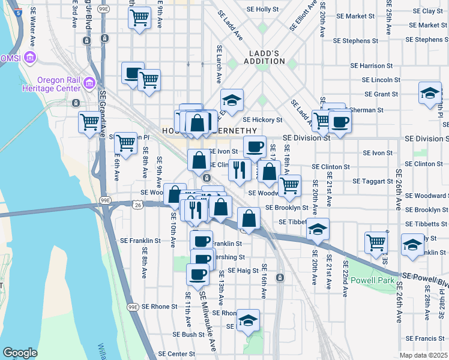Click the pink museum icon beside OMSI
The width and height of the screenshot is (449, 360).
(x=30, y=58)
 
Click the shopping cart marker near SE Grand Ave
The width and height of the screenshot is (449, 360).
(x=89, y=122)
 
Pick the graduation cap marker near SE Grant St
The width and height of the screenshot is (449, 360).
(x=430, y=94)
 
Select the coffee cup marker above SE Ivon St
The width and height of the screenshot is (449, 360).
(x=255, y=146)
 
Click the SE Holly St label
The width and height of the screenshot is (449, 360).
(x=263, y=10)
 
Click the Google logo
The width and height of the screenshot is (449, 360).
(x=20, y=353)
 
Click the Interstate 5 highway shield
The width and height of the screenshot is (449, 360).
(x=17, y=11)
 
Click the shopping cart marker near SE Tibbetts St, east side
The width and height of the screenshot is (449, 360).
(x=376, y=242)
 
